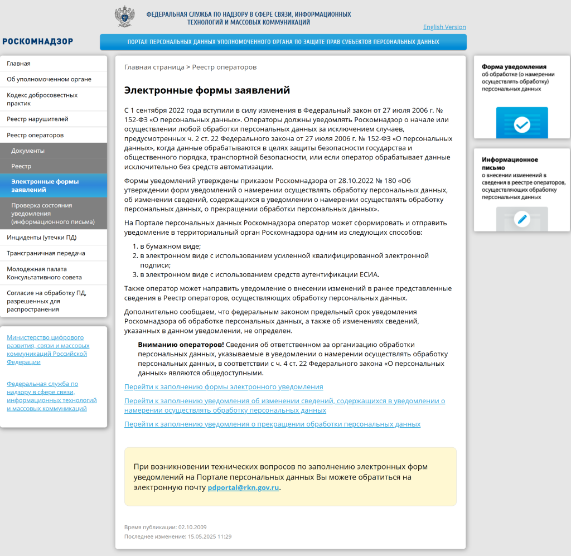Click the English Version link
[444, 27]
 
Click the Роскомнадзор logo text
[37, 41]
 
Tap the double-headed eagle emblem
[124, 17]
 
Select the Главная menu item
[19, 64]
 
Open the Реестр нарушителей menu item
[37, 119]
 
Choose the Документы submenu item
[28, 151]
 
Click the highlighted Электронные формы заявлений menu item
[45, 186]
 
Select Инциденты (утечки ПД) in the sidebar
[42, 237]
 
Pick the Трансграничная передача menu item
[46, 253]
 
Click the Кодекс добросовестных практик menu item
[42, 99]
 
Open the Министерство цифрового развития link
[47, 350]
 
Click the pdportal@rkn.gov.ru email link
[243, 487]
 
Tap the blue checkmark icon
[522, 124]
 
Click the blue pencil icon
[522, 219]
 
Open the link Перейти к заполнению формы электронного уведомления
[224, 386]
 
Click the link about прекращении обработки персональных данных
[272, 424]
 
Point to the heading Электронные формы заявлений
[207, 90]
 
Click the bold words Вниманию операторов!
[181, 345]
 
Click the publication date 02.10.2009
[192, 527]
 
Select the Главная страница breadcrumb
[154, 67]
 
